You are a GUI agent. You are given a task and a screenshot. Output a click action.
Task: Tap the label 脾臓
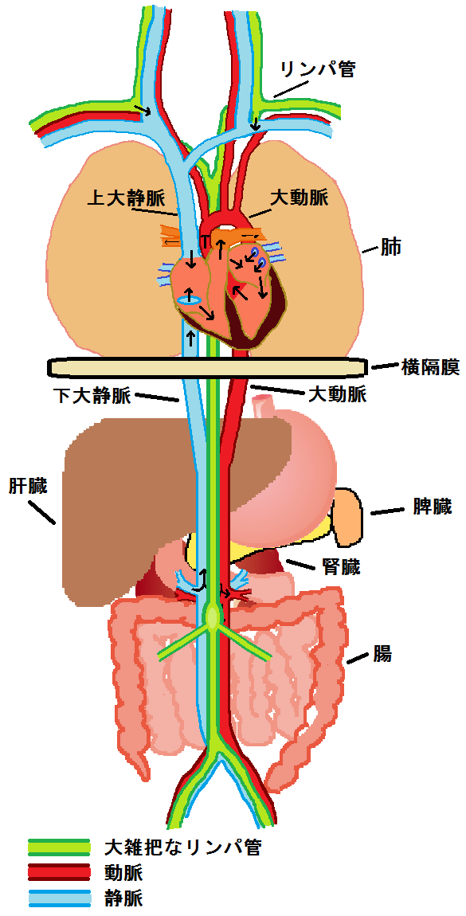click(x=432, y=507)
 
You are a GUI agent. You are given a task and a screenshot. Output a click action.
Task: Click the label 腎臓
click(x=341, y=566)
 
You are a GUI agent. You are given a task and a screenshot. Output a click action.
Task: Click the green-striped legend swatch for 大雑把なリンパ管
click(x=59, y=847)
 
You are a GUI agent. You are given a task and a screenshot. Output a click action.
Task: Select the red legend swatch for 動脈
click(x=59, y=872)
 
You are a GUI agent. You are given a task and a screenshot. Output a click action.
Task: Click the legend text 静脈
click(x=123, y=898)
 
